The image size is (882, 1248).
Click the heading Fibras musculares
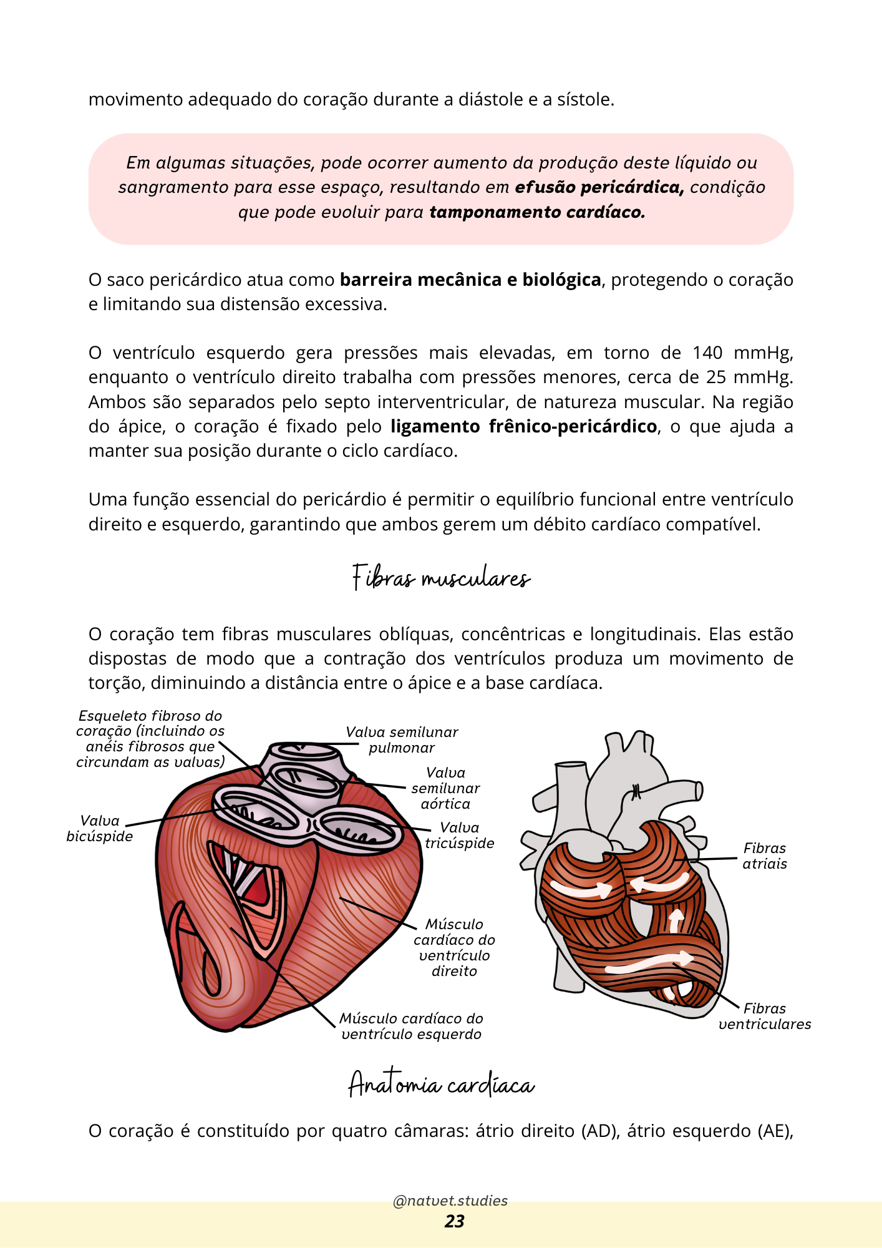(441, 578)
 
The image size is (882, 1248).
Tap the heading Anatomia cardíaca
(441, 1085)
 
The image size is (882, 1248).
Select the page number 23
(454, 1221)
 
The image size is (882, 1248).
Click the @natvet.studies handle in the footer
(450, 1201)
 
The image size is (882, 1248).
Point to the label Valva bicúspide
(100, 829)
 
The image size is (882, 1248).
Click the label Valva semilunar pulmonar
(402, 739)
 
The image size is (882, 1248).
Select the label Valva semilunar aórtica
(445, 788)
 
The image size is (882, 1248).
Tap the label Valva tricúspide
(460, 835)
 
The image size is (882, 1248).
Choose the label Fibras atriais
(765, 856)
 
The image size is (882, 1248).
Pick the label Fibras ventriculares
(765, 1016)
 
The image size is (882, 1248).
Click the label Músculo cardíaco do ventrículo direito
(454, 947)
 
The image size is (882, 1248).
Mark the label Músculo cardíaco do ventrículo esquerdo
(411, 1026)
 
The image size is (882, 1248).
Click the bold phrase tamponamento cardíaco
(537, 212)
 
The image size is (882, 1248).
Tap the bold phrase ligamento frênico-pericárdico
(524, 426)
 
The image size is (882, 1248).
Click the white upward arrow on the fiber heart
(676, 920)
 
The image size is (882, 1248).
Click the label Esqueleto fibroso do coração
(150, 739)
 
